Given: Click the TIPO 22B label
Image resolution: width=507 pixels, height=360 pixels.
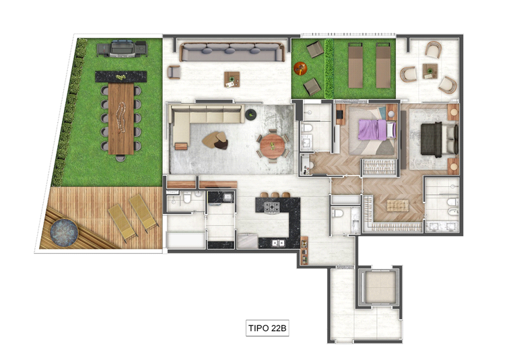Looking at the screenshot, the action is tap(267, 328).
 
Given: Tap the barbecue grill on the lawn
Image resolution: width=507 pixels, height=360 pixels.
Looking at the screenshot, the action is tap(123, 49).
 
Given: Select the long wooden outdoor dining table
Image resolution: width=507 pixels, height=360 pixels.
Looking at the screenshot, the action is tap(121, 118).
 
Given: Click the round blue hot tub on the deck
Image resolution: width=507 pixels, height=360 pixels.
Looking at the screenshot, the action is tap(65, 233).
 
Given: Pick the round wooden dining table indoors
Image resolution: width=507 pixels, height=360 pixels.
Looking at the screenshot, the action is tap(272, 146).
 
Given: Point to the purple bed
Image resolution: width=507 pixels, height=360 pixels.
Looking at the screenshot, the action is tap(377, 130).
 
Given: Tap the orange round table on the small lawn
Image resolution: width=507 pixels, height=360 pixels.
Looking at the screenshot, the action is tap(300, 68).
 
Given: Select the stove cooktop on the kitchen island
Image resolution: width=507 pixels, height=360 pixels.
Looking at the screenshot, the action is tap(271, 207).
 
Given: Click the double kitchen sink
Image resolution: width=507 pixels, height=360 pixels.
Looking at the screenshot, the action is tap(278, 242).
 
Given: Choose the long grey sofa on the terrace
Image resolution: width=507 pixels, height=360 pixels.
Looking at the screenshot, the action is tap(232, 52).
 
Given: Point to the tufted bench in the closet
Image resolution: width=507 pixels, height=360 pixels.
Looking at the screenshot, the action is tap(398, 205).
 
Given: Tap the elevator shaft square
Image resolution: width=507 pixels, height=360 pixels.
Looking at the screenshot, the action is tap(380, 287).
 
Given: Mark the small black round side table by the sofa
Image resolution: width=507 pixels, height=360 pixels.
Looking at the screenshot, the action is tap(251, 114).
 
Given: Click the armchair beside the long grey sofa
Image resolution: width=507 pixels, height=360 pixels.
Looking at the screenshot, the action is tap(174, 72).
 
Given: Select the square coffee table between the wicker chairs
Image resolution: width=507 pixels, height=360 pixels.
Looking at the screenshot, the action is tap(430, 71).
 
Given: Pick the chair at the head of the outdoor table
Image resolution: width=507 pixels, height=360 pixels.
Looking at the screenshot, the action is tap(121, 158).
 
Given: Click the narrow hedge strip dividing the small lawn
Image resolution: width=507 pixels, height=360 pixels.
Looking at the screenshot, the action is tap(329, 69).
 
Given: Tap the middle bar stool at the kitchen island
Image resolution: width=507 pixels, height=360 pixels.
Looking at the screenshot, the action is tap(275, 195).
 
